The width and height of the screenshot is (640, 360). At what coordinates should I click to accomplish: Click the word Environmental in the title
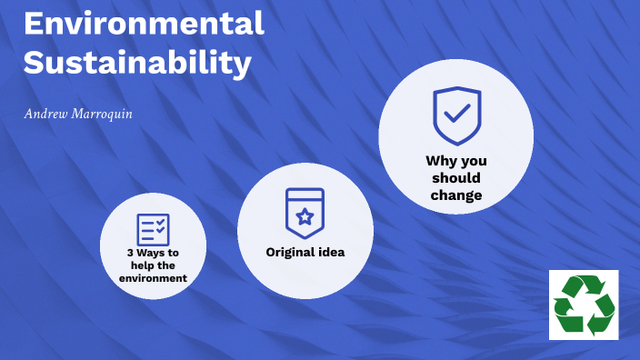pos(144,23)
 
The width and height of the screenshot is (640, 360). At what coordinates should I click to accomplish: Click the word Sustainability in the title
pos(136,63)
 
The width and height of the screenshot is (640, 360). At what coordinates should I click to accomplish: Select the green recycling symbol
pos(584,305)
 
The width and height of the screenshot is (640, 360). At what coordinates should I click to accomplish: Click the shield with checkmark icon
pos(456,115)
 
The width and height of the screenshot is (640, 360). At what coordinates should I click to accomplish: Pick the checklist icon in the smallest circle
pos(153,230)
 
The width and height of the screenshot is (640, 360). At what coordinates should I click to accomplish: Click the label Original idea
pos(305,252)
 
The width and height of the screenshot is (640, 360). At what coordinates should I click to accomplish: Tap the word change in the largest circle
pos(456,195)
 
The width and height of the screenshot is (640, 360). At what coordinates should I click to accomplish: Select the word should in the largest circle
pos(456,178)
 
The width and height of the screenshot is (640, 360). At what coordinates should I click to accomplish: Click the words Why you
pos(456,161)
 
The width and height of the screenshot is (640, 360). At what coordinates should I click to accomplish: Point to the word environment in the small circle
pos(153,277)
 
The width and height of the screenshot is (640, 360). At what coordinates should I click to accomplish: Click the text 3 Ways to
pos(153,253)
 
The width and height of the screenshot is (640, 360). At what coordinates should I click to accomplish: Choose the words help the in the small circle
pos(153,265)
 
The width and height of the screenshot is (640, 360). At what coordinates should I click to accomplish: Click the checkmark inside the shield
pos(456,114)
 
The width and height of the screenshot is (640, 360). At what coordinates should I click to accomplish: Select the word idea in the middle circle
pos(330,252)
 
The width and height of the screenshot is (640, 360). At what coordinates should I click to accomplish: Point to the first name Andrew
pos(43,115)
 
